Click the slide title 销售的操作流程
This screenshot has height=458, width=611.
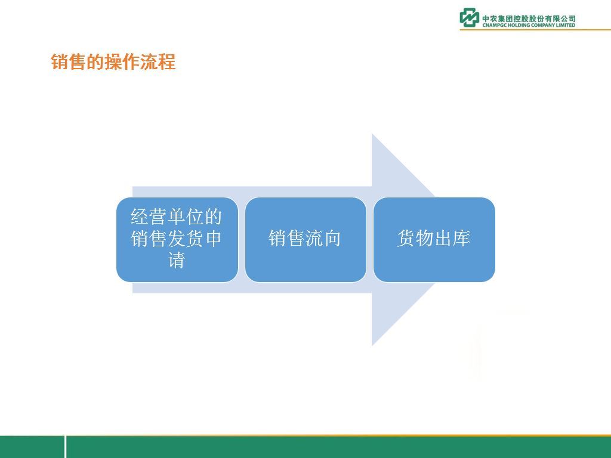pos(113,62)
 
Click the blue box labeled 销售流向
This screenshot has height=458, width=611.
pos(305,240)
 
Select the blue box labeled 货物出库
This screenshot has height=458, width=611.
pos(434,240)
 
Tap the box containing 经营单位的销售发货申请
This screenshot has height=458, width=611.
pos(177,240)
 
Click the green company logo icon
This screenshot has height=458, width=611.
pos(469,17)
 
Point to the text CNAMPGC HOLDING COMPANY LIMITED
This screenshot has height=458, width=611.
pos(529,25)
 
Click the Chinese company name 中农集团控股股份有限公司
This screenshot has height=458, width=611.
pos(529,18)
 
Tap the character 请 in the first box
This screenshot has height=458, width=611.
pos(176,260)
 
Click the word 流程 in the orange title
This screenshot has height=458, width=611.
pos(158,62)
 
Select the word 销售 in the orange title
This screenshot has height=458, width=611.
pos(68,62)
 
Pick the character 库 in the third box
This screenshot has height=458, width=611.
pos(461,239)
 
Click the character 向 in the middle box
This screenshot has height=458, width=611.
pos(332,239)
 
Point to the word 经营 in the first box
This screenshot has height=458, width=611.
pos(149,217)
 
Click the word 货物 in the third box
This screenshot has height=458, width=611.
pos(415,239)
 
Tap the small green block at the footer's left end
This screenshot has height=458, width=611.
pos(32,447)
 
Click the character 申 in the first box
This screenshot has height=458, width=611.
pos(214,239)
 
